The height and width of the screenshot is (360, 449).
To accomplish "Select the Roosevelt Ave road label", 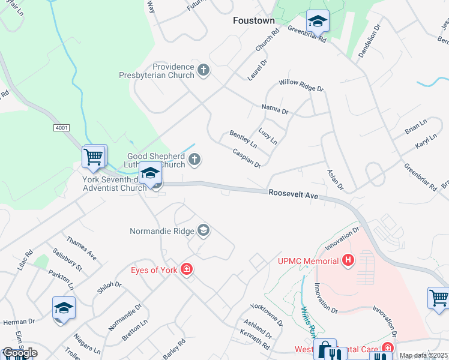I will click(x=293, y=194).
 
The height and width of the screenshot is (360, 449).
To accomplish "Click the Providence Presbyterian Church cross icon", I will click(x=203, y=71).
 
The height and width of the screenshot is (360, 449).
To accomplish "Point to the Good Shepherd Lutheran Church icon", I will click(x=194, y=160).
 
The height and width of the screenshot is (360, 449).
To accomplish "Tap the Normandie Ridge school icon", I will click(x=203, y=230).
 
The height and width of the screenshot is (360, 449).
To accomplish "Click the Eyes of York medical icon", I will click(x=187, y=269).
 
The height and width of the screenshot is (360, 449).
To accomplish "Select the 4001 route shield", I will click(x=61, y=128).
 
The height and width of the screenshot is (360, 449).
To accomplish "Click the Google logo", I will click(x=20, y=352).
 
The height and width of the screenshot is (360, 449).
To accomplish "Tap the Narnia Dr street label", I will click(x=275, y=111).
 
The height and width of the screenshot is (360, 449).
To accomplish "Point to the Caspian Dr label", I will click(x=246, y=158).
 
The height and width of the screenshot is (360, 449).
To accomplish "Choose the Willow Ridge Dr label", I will click(x=301, y=86).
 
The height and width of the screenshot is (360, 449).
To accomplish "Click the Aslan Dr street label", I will click(x=335, y=179).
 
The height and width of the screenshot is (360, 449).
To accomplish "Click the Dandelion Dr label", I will click(x=370, y=40).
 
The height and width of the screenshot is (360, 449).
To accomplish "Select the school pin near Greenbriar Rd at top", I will click(x=317, y=22).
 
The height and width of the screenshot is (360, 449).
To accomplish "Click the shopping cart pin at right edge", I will click(x=438, y=298).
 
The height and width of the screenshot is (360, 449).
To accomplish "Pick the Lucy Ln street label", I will click(x=268, y=136).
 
